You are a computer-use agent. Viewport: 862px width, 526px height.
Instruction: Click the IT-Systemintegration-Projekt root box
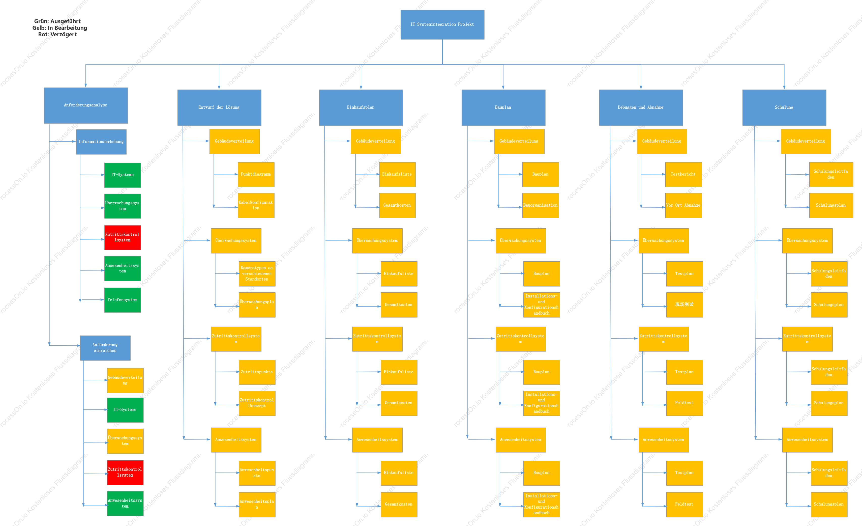click(x=442, y=24)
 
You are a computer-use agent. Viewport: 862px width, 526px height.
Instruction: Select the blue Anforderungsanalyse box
click(x=86, y=105)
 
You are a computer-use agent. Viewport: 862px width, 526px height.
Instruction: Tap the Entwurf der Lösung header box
click(x=219, y=107)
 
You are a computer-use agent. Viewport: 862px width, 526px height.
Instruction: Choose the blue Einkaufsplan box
click(x=361, y=107)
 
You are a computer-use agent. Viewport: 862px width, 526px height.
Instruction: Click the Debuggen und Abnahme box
click(x=641, y=107)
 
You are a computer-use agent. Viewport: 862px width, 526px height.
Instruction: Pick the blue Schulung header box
click(x=784, y=107)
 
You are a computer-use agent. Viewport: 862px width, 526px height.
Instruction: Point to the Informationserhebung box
click(x=101, y=142)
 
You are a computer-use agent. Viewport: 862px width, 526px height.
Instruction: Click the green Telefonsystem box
click(x=123, y=300)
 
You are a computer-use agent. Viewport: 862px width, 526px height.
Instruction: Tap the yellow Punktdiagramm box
click(x=256, y=174)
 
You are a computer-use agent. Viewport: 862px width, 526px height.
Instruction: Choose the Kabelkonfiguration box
click(x=256, y=205)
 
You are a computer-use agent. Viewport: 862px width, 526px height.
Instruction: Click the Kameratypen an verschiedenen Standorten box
click(x=257, y=274)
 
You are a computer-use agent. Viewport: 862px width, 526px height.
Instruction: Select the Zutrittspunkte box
click(x=257, y=372)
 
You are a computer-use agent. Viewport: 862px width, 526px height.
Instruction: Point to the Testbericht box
click(x=683, y=174)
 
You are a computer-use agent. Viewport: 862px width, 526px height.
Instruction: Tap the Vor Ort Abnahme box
click(x=683, y=205)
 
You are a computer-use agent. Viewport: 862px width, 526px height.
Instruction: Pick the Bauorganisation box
click(x=541, y=205)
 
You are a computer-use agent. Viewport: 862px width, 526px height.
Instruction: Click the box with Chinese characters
click(x=684, y=305)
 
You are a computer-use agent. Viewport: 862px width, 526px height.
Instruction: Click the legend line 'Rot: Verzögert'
click(x=57, y=34)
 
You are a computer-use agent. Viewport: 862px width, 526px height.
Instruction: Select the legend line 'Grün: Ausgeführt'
click(x=57, y=21)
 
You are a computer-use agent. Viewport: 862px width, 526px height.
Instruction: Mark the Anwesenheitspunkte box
click(x=257, y=473)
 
